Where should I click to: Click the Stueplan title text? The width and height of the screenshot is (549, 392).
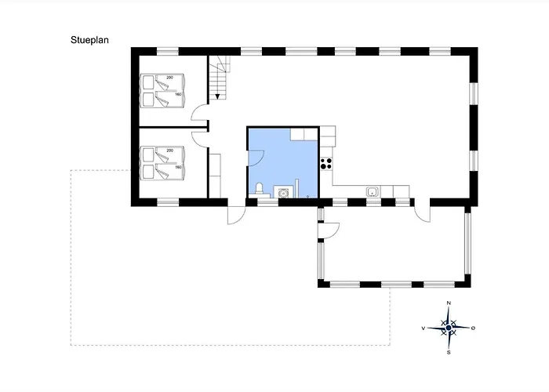tap(89, 40)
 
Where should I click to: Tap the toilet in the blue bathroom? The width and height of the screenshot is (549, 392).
tap(260, 190)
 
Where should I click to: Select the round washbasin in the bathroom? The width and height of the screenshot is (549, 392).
tap(282, 193)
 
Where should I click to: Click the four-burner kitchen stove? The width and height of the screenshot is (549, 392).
tap(326, 164)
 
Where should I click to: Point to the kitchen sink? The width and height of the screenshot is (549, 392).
tap(372, 192)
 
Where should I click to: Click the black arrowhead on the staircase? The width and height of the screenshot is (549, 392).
tap(217, 96)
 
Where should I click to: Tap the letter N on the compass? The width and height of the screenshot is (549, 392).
tap(449, 303)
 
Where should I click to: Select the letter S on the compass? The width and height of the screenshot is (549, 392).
tap(449, 353)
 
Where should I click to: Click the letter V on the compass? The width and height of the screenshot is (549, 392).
tap(424, 328)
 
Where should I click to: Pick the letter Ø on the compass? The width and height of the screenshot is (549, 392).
tap(473, 328)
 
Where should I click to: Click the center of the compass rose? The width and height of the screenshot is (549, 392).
tap(449, 328)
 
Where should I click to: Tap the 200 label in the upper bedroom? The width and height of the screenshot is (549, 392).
tap(170, 78)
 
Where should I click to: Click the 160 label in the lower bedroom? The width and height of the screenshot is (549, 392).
tap(178, 167)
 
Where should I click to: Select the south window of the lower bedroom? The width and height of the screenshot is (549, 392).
tap(168, 202)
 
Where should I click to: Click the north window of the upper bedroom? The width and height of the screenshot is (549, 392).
tap(168, 52)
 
